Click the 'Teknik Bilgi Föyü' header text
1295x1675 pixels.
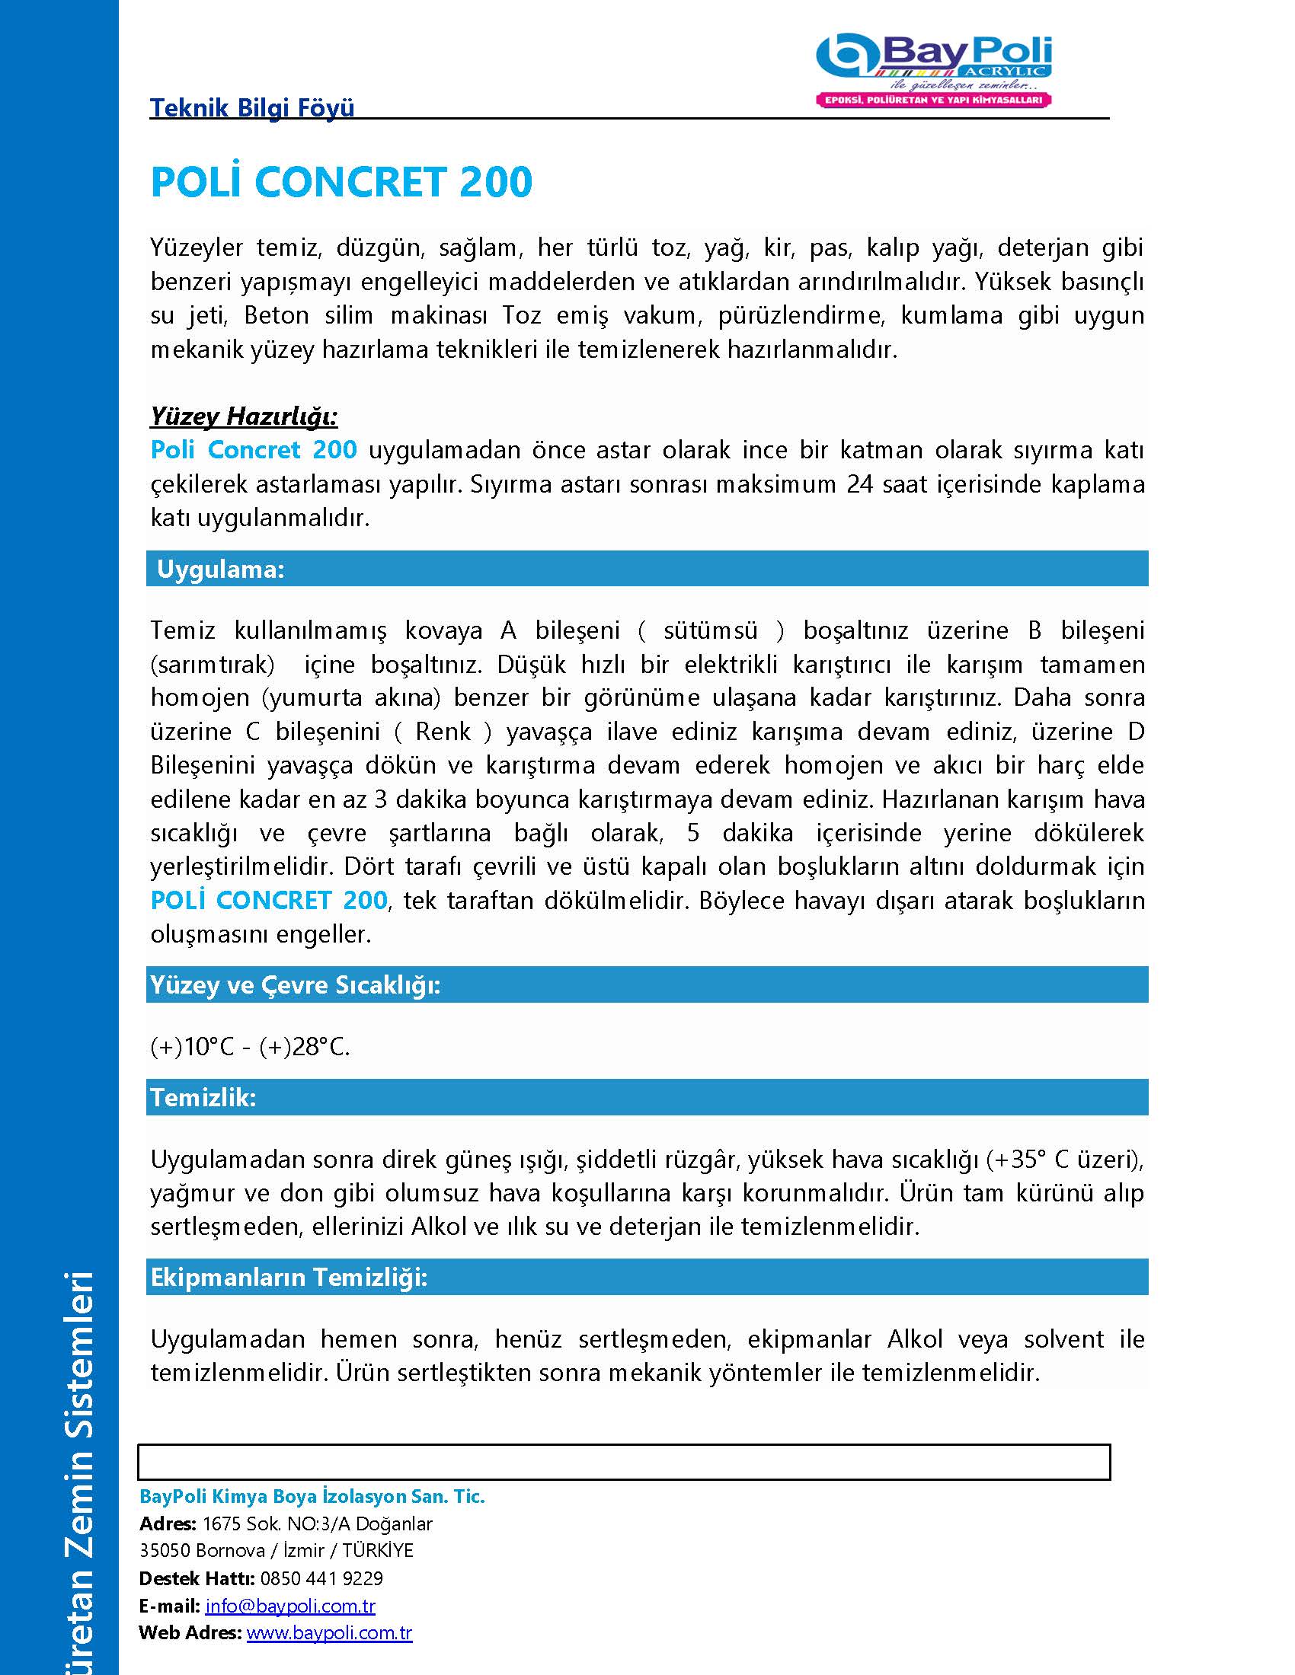(x=251, y=107)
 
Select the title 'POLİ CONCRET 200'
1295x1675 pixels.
(x=341, y=182)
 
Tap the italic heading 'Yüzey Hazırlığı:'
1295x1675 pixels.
(x=244, y=416)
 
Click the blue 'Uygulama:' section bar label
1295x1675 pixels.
(x=220, y=569)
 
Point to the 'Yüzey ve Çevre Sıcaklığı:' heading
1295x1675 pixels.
(x=296, y=984)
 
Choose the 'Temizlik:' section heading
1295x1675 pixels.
(x=203, y=1097)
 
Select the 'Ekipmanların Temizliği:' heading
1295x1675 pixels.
(x=289, y=1277)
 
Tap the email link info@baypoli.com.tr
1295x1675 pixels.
(x=290, y=1605)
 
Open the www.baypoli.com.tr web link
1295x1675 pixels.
(x=329, y=1633)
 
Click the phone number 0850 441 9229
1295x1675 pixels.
(x=321, y=1578)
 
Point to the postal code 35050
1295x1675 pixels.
(x=165, y=1550)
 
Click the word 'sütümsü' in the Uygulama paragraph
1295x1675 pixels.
(x=711, y=630)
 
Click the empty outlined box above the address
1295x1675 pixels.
(x=624, y=1462)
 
